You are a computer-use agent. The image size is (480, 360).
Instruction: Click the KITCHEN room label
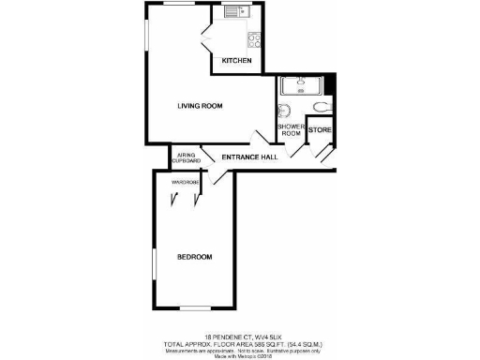coord(236,62)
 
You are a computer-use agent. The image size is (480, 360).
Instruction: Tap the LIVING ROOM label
coord(200,106)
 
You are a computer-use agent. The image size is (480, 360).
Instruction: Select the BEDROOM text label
coord(195,257)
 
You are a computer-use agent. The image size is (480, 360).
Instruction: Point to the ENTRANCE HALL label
coord(248,157)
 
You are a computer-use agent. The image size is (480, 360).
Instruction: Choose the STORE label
coord(320,129)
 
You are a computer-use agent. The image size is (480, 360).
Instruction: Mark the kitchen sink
coord(233,12)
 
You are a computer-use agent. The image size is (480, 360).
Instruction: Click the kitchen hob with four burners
coord(253,39)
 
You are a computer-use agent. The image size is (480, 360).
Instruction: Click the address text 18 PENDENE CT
coord(226,335)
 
